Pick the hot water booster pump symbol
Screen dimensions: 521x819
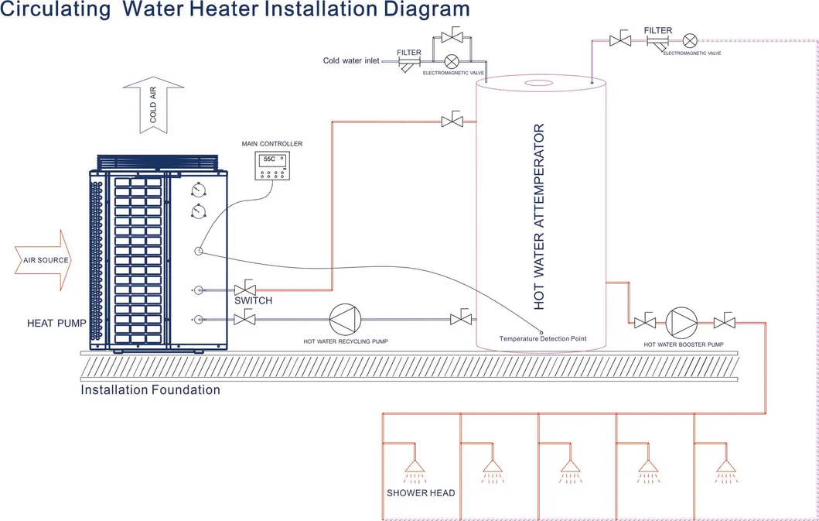[683, 320]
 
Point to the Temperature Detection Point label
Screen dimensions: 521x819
[542, 338]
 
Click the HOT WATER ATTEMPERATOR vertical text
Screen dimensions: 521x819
[540, 217]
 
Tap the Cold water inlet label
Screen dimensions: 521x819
[351, 60]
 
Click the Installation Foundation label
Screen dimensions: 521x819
[150, 390]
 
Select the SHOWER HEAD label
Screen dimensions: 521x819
[421, 493]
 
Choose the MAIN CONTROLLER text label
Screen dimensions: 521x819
[271, 144]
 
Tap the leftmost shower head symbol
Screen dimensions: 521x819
[415, 465]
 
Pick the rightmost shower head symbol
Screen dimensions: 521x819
[725, 465]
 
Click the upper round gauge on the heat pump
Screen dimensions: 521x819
[199, 189]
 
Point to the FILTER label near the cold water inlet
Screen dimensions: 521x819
[409, 53]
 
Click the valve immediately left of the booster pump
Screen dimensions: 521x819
[643, 320]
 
